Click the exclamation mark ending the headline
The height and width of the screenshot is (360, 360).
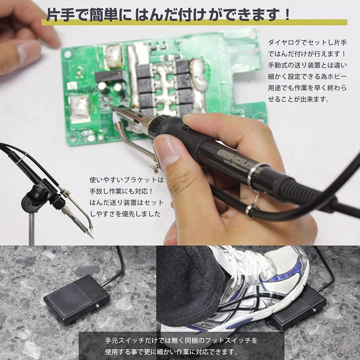coord(286,14)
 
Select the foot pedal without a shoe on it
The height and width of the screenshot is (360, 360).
coord(76,299)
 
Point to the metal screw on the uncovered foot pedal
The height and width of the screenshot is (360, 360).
coord(98,305)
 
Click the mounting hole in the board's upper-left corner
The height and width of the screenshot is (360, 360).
coord(68,54)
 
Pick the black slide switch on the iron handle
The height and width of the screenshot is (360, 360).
coord(186,128)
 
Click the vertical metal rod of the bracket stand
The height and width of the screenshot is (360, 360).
coord(32,228)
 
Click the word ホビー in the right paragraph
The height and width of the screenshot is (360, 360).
coord(337,77)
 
